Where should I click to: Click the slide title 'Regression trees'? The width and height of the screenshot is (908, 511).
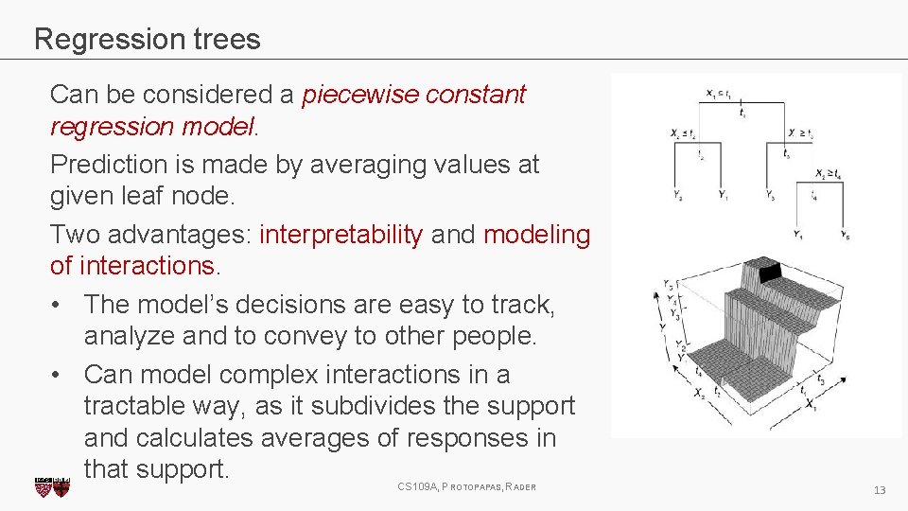coord(147,39)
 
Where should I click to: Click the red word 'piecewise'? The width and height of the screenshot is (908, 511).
coord(360,95)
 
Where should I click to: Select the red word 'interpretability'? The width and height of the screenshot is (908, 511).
coord(340,235)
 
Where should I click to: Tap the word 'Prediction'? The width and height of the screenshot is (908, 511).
coord(107,164)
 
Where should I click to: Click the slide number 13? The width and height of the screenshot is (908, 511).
coord(879,489)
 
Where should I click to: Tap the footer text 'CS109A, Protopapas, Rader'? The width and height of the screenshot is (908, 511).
coord(466,486)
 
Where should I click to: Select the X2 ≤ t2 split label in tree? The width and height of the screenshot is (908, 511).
coord(683,134)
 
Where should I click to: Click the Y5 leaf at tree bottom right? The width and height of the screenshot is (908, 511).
coord(844,235)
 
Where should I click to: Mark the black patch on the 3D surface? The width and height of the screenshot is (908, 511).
coord(773,273)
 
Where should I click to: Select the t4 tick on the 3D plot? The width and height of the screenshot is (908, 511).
coord(698,373)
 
